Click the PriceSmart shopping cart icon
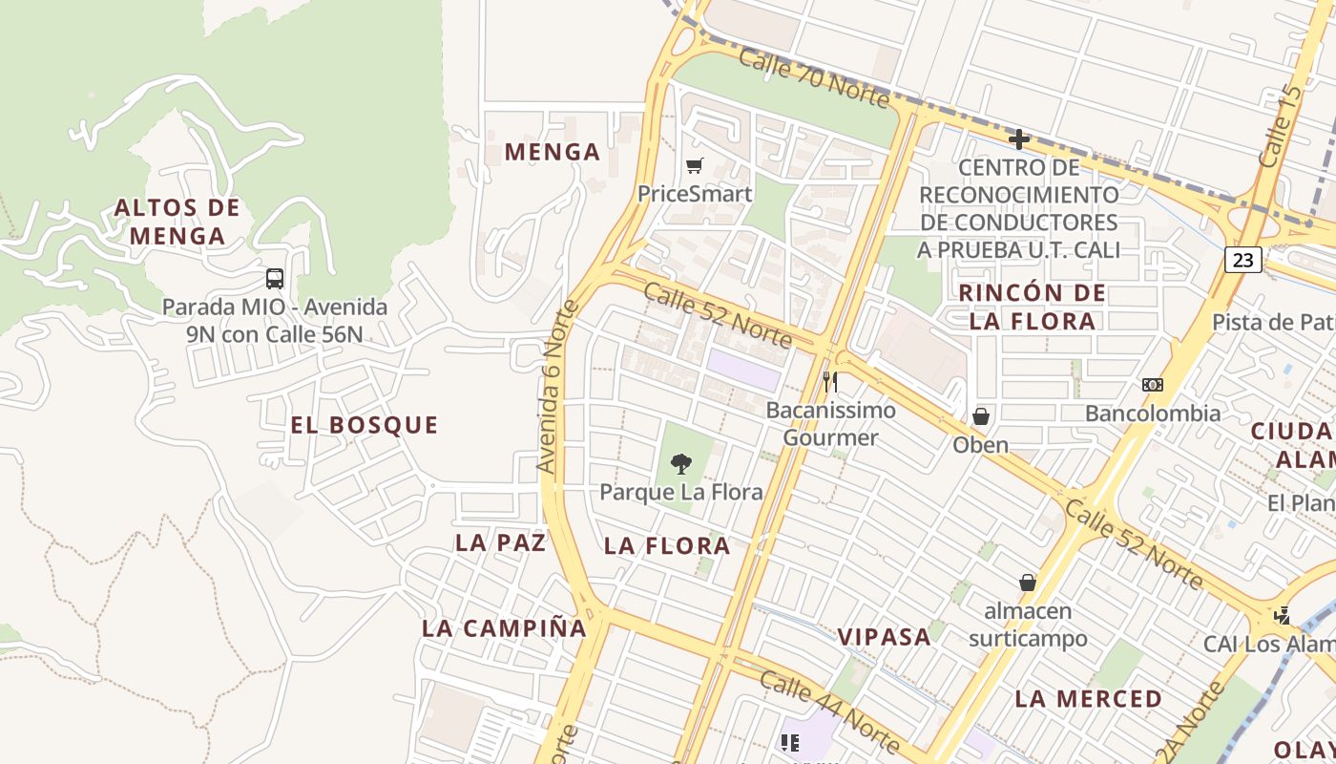(695, 166)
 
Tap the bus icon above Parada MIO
(275, 279)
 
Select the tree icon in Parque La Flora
(680, 464)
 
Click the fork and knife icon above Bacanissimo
(830, 382)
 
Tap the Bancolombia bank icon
(1153, 385)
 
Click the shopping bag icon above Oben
(980, 417)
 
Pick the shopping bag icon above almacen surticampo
(1028, 583)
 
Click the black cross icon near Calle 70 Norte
(1019, 139)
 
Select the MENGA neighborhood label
(553, 152)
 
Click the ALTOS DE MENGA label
(177, 222)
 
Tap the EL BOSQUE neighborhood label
(365, 425)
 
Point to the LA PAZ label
(501, 542)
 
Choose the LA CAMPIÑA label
(504, 628)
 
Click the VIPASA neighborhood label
(884, 637)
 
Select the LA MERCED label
(1089, 698)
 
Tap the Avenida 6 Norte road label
(558, 387)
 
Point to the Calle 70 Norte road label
(813, 77)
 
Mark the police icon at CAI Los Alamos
(1284, 616)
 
